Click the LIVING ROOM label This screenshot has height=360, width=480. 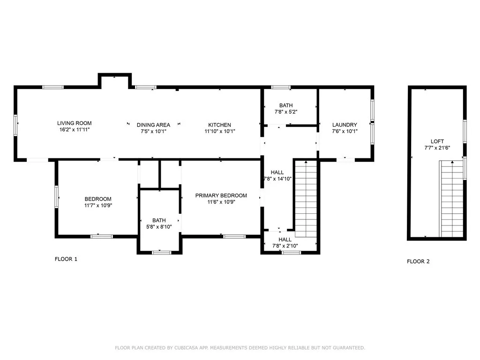[x=75, y=123]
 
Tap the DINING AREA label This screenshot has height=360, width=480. [x=153, y=125]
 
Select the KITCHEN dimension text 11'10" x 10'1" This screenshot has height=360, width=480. [x=220, y=131]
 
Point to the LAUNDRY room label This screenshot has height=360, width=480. [x=345, y=125]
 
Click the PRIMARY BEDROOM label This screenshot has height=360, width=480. [x=221, y=195]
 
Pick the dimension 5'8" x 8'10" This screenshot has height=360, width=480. [x=159, y=227]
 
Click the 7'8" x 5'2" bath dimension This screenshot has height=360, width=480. [x=286, y=112]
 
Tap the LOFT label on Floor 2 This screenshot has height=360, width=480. [x=437, y=142]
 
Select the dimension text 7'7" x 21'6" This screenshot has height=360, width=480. [x=437, y=148]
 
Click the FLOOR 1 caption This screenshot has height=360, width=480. [x=66, y=259]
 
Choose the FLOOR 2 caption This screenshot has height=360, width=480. [x=418, y=262]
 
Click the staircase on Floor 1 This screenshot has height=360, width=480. [x=306, y=198]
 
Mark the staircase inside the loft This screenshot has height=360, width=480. [x=451, y=199]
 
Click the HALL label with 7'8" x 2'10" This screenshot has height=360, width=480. [x=285, y=240]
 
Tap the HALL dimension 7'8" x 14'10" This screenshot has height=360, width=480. [x=277, y=179]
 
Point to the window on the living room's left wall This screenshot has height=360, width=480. [x=15, y=125]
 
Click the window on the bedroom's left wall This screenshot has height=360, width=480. [x=56, y=197]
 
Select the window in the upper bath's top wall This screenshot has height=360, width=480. [x=281, y=87]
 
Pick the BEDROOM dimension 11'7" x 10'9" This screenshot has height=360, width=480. [x=98, y=205]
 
